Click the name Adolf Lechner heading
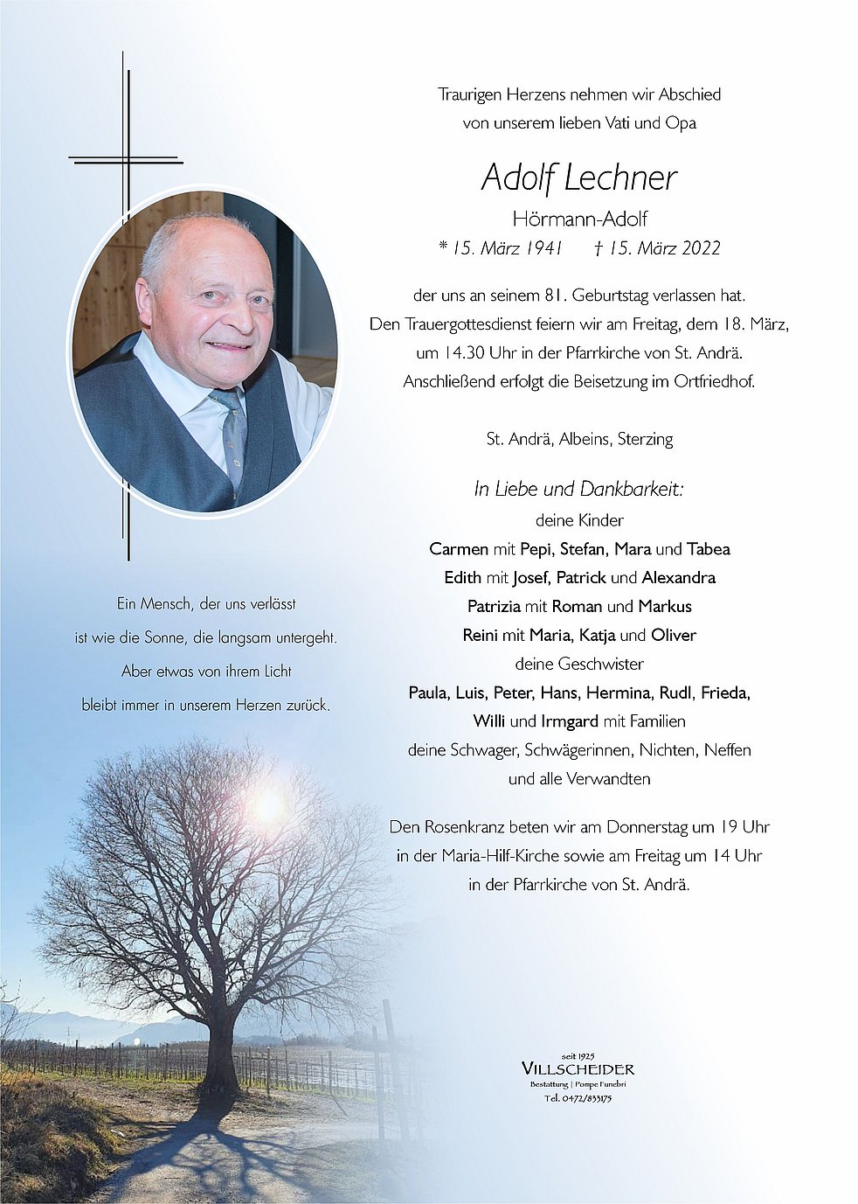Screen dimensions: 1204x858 tap(578, 178)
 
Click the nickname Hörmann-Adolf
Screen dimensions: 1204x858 tap(579, 219)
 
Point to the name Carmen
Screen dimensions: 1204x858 tap(459, 549)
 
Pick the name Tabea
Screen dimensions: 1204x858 tap(708, 549)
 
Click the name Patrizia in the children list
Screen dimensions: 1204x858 tap(494, 606)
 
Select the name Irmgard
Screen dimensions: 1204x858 tap(570, 721)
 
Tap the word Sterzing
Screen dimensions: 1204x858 tap(645, 439)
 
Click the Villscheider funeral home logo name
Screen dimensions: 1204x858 tap(578, 1068)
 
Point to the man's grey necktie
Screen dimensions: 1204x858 tap(233, 437)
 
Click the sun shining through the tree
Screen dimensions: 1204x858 tap(268, 804)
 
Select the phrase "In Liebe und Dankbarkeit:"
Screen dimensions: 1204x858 tap(578, 490)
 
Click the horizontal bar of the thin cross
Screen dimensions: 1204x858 tap(126, 161)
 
